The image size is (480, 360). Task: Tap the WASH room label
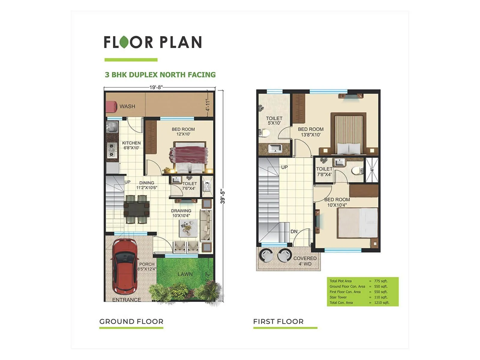(x=127, y=106)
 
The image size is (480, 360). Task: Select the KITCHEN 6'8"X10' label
(x=131, y=145)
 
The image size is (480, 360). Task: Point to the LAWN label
(x=185, y=274)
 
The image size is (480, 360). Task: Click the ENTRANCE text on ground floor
(x=127, y=300)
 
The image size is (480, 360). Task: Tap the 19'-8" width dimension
(x=156, y=87)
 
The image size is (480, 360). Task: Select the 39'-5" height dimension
(x=223, y=196)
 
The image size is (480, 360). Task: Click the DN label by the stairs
(x=294, y=232)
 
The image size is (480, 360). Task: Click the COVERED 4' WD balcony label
(x=305, y=261)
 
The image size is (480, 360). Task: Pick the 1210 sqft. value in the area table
(x=382, y=303)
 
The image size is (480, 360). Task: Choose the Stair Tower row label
(x=338, y=297)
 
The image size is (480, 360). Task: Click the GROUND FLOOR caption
(x=131, y=322)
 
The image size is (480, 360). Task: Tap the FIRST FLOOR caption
(x=278, y=322)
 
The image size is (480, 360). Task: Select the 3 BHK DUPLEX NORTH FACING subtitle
(x=160, y=75)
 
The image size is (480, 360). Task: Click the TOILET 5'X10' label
(x=274, y=121)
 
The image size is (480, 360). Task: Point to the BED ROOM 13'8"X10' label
(x=311, y=132)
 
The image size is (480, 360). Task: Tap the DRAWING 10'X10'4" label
(x=181, y=213)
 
